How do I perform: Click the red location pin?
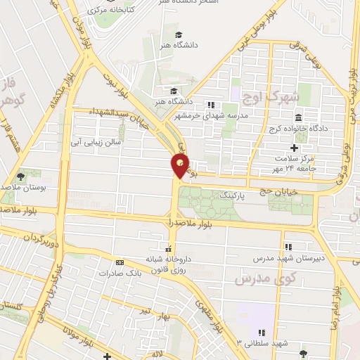tap(180, 166)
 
